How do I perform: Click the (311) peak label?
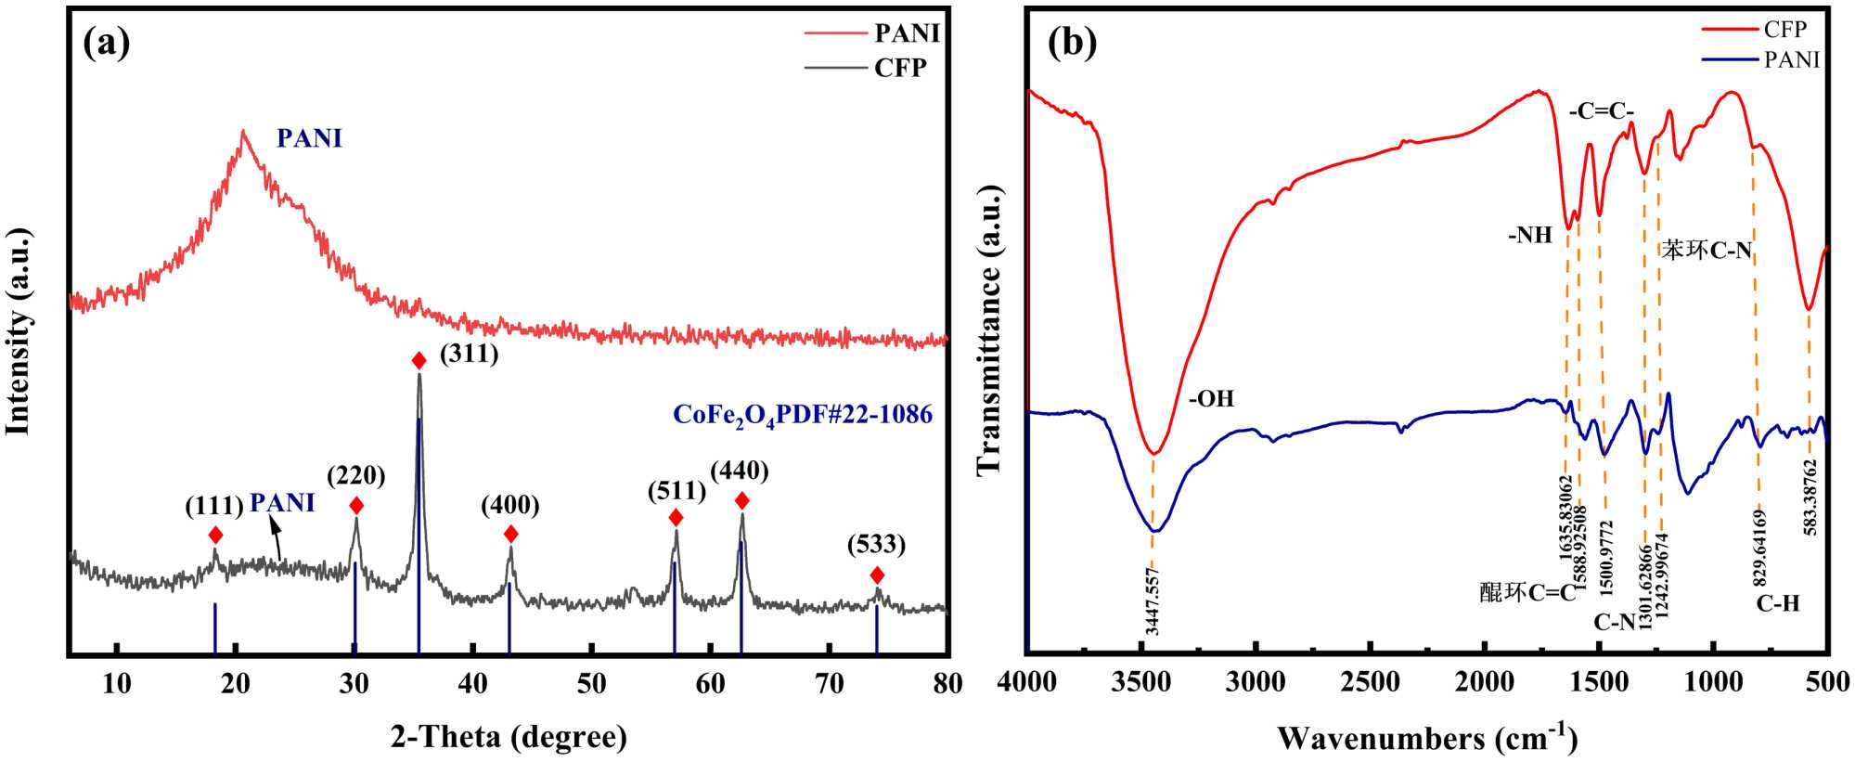coord(469,354)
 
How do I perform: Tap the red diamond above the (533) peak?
coord(877,575)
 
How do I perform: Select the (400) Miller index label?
coord(509,505)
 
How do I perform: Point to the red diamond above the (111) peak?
coord(215,535)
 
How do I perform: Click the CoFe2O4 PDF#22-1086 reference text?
coord(803,414)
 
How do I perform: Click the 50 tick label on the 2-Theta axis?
coord(591,684)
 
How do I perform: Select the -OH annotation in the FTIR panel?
coord(1212,399)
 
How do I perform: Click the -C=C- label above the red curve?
coord(1602,111)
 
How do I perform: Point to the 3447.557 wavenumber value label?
coord(1152,601)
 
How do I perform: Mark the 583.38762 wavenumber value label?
coord(1810,497)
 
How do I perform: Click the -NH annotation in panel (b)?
coord(1530,236)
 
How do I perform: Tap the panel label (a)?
coord(106,43)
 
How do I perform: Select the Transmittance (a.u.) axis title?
coord(990,329)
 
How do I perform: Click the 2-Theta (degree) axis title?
coord(509,737)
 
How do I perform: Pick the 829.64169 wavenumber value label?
coord(1759,547)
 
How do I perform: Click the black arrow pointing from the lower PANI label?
coord(277,538)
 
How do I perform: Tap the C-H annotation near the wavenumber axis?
coord(1778,604)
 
